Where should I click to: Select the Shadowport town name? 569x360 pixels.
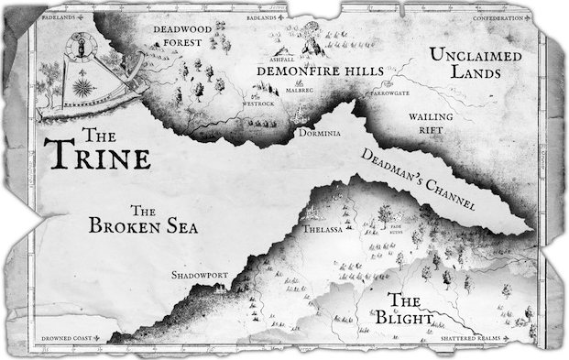pyautogui.click(x=199, y=275)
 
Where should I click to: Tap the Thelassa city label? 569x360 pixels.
pyautogui.click(x=323, y=230)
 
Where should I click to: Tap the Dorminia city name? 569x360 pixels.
pyautogui.click(x=319, y=132)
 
